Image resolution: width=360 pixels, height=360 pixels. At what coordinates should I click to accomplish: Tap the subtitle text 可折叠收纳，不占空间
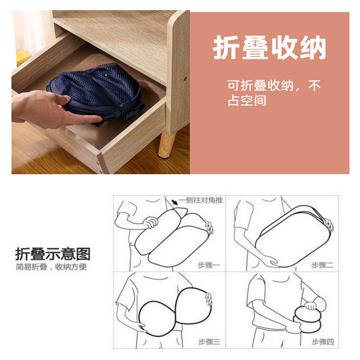pos(274,93)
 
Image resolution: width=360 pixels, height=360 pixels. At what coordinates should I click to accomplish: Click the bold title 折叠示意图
pos(53,253)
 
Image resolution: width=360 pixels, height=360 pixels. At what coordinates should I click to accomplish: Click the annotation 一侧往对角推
pos(201,200)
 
